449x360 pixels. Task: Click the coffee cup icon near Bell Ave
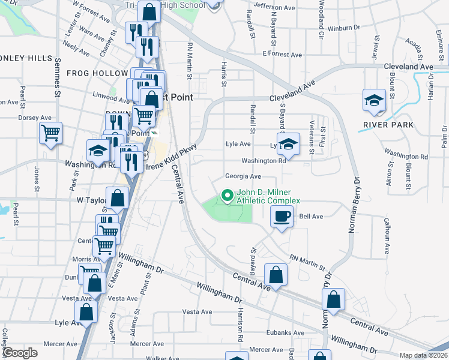click(x=282, y=217)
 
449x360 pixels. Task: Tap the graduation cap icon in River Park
click(x=375, y=100)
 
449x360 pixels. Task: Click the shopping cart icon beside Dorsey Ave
click(x=51, y=133)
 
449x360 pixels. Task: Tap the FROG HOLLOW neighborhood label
click(x=90, y=73)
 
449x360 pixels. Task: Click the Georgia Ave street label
click(x=243, y=176)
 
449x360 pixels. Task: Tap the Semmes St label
click(x=58, y=82)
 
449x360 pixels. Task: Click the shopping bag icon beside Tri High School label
click(x=148, y=10)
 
